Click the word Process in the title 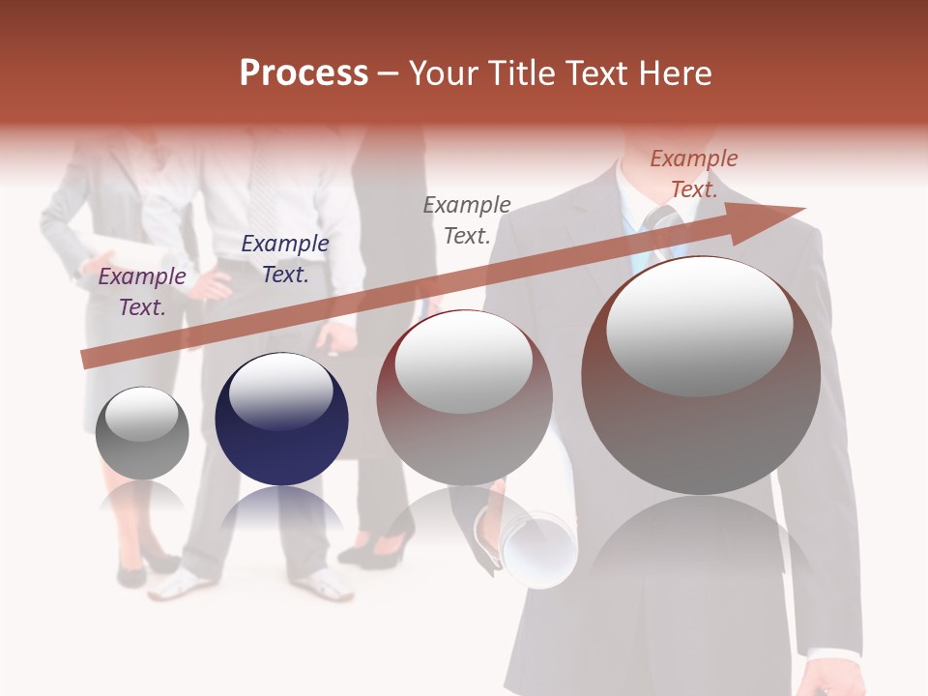[x=304, y=73]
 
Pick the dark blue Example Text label [x=285, y=259]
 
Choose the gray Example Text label [x=467, y=219]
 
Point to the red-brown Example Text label [x=693, y=174]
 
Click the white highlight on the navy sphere [x=280, y=391]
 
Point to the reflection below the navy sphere [x=280, y=507]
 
